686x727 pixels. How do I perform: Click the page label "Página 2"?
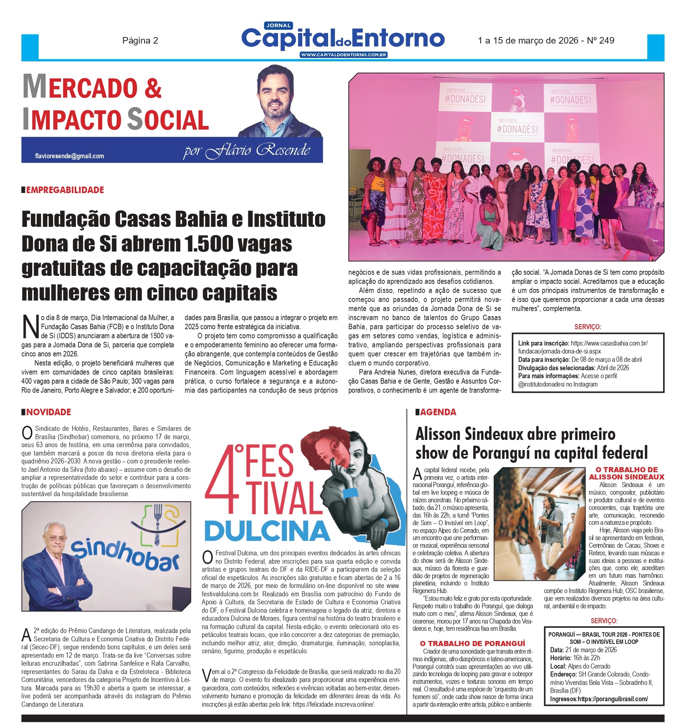[x=140, y=41]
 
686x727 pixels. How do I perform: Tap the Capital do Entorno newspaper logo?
[x=343, y=39]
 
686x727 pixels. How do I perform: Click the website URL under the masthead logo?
[x=343, y=55]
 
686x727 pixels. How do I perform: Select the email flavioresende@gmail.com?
[x=69, y=156]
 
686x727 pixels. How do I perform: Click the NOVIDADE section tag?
[x=48, y=412]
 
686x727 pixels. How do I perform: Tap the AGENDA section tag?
[x=438, y=412]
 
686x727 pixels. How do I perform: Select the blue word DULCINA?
[x=267, y=531]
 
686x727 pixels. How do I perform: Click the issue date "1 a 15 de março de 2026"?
[x=528, y=41]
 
